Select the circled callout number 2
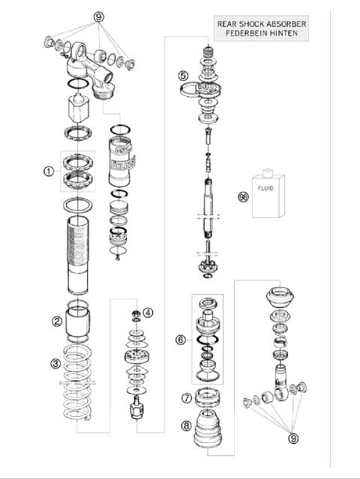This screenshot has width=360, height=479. click(56, 322)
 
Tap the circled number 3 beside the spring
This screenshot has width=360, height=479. click(55, 364)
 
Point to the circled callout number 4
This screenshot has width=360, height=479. click(148, 313)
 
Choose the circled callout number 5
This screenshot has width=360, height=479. click(183, 76)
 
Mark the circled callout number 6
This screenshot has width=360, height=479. click(180, 340)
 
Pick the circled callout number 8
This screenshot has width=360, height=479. click(186, 426)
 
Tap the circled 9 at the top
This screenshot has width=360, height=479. click(98, 16)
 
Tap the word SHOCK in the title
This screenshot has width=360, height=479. click(252, 23)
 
